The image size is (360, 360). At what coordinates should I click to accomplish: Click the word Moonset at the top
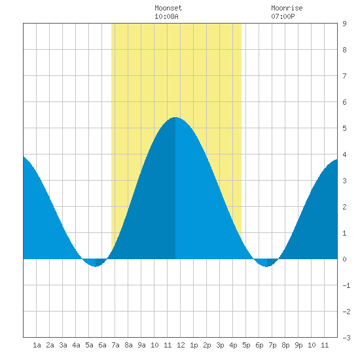pyautogui.click(x=168, y=8)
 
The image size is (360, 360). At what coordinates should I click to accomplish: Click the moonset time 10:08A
pyautogui.click(x=166, y=16)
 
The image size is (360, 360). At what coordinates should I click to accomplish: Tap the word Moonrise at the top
pyautogui.click(x=287, y=8)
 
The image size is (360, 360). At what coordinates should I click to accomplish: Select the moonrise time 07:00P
pyautogui.click(x=283, y=16)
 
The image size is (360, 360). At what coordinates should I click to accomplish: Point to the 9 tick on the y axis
pyautogui.click(x=344, y=24)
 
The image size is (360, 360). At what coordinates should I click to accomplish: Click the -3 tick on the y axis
pyautogui.click(x=346, y=338)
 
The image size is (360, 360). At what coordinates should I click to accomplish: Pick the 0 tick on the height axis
pyautogui.click(x=344, y=259)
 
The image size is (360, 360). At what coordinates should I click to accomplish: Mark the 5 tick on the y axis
pyautogui.click(x=344, y=128)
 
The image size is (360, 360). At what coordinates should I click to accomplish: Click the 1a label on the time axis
pyautogui.click(x=37, y=345)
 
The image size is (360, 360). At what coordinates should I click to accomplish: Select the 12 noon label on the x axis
pyautogui.click(x=181, y=345)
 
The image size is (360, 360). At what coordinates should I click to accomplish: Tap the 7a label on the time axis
pyautogui.click(x=115, y=345)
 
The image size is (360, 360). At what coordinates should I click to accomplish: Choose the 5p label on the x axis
pyautogui.click(x=246, y=345)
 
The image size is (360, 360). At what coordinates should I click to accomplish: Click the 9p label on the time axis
pyautogui.click(x=298, y=345)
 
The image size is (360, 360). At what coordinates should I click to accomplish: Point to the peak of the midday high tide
pyautogui.click(x=175, y=117)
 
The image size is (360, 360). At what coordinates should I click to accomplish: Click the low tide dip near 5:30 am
pyautogui.click(x=96, y=266)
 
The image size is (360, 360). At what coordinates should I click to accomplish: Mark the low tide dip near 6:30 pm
pyautogui.click(x=266, y=266)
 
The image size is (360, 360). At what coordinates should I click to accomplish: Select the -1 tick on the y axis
pyautogui.click(x=346, y=285)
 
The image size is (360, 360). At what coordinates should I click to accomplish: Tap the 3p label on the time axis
pyautogui.click(x=220, y=345)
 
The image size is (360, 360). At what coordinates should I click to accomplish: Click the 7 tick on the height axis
pyautogui.click(x=344, y=76)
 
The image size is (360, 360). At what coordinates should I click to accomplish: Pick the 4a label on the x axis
pyautogui.click(x=76, y=345)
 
